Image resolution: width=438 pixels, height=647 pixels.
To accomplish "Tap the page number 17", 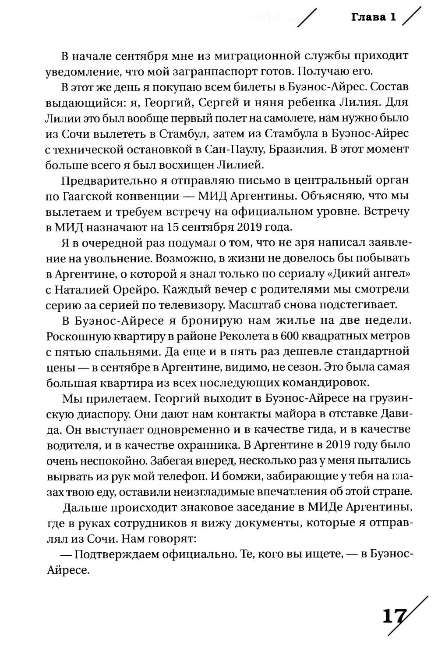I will [x=394, y=616].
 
